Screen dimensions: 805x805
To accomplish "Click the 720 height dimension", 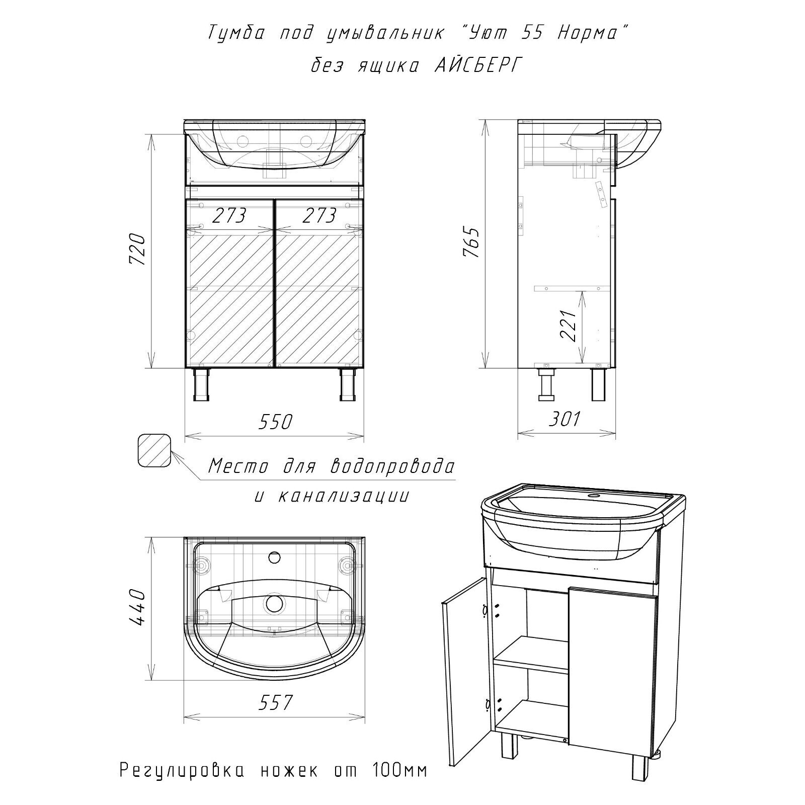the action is pyautogui.click(x=137, y=250).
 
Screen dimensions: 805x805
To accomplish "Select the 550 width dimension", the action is pyautogui.click(x=275, y=422).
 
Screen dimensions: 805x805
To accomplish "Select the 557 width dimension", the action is pyautogui.click(x=275, y=702).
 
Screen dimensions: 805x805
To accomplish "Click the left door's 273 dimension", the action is pyautogui.click(x=229, y=216).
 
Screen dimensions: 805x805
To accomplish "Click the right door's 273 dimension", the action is pyautogui.click(x=319, y=216).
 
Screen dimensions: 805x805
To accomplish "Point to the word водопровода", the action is pyautogui.click(x=391, y=466).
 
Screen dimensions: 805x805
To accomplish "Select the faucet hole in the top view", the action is pyautogui.click(x=275, y=557).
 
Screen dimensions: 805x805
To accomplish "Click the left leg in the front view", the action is pyautogui.click(x=202, y=384).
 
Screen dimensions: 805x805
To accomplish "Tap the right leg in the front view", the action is pyautogui.click(x=348, y=384).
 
